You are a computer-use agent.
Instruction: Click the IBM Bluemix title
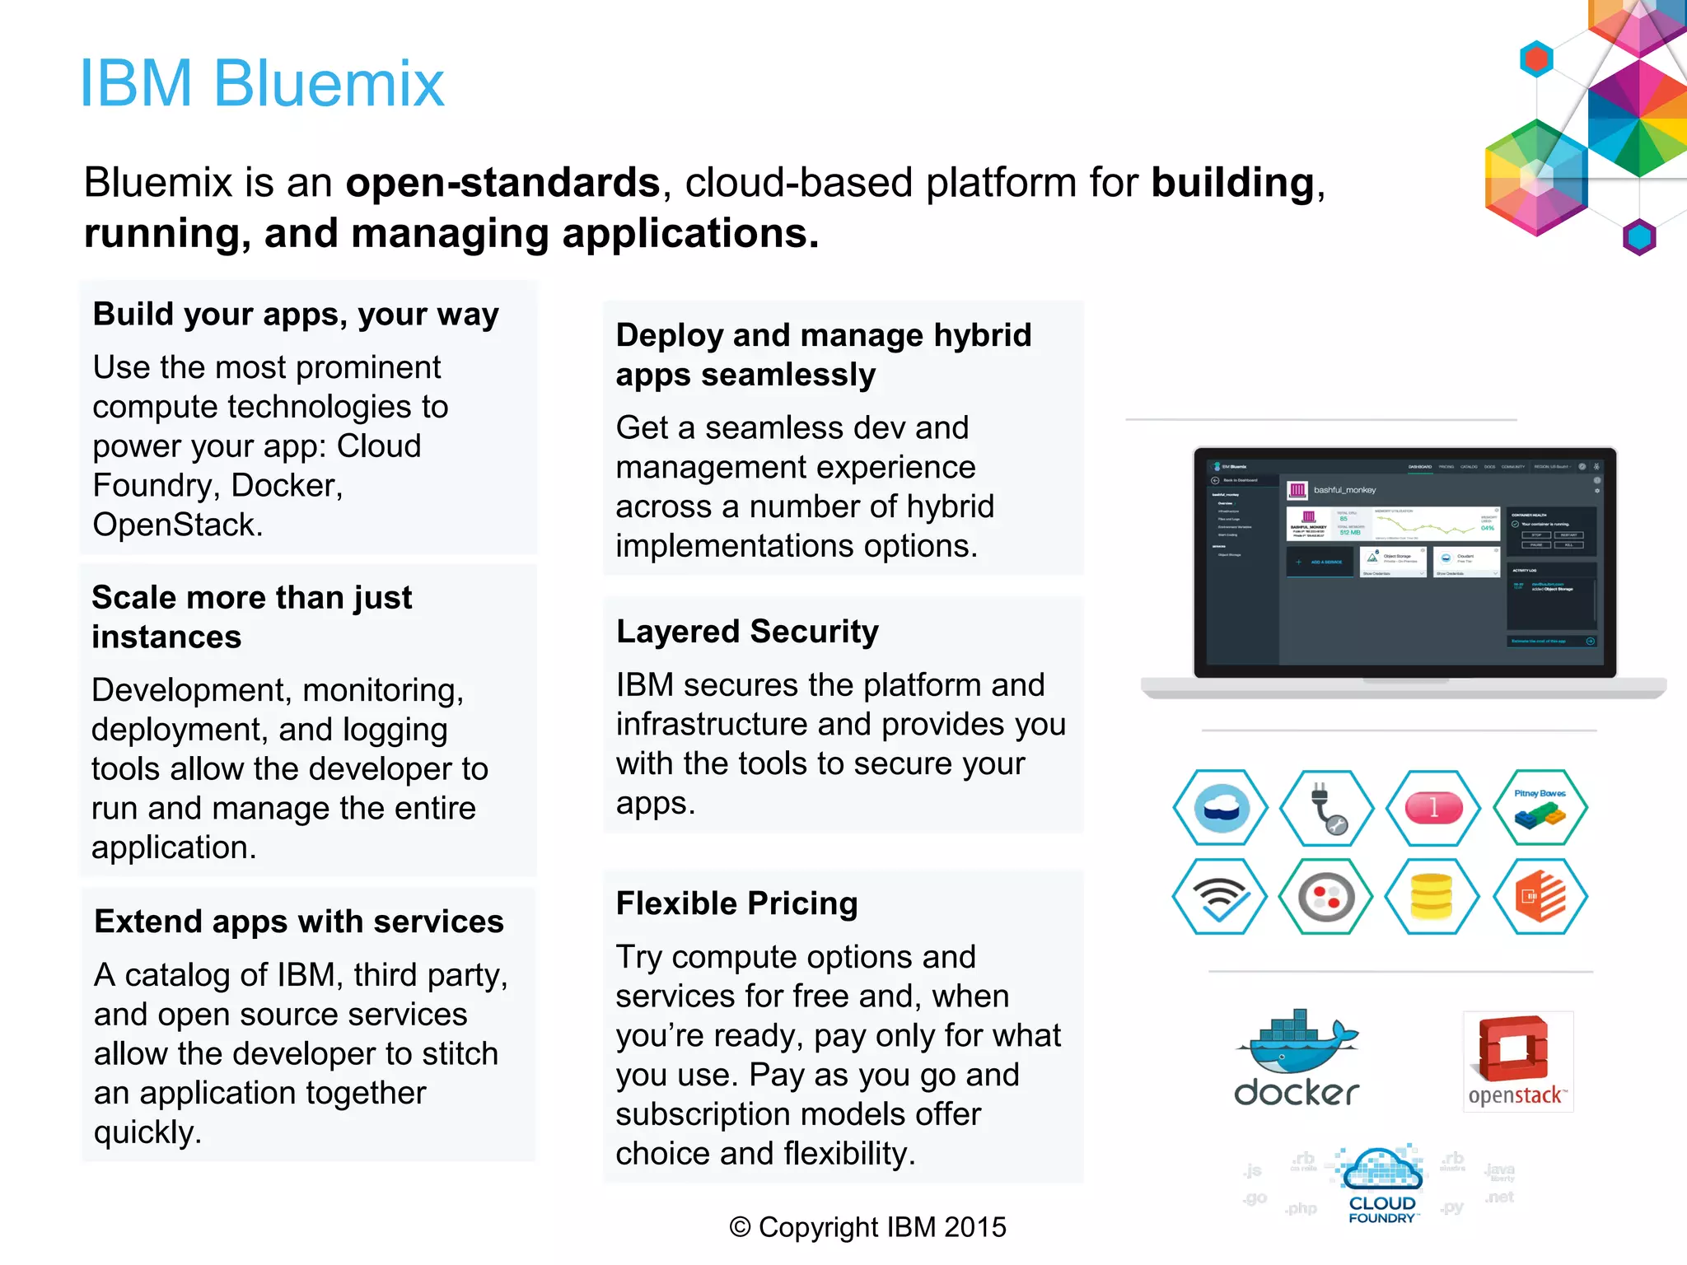[x=262, y=84]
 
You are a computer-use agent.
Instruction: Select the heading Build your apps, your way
[x=296, y=315]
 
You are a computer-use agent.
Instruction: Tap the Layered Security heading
[x=747, y=632]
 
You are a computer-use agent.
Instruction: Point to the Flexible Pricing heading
[x=736, y=903]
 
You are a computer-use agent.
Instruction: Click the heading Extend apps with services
[x=298, y=922]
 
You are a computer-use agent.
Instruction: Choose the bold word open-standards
[x=502, y=183]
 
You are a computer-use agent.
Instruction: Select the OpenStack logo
[x=1517, y=1062]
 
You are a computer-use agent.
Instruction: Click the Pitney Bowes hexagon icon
[x=1540, y=808]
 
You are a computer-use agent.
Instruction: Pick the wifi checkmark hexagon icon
[x=1220, y=897]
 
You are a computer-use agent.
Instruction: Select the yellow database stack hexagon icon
[x=1432, y=897]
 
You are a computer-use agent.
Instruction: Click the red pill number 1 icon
[x=1433, y=808]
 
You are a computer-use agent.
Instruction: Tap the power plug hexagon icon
[x=1326, y=808]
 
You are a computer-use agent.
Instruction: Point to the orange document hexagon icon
[x=1540, y=897]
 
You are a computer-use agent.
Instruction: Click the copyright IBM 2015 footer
[x=867, y=1227]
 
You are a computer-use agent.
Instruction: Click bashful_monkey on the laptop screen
[x=1344, y=490]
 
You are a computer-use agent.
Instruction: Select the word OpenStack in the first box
[x=176, y=525]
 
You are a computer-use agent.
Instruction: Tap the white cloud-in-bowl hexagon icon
[x=1221, y=808]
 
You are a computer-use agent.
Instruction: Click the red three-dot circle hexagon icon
[x=1326, y=897]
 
